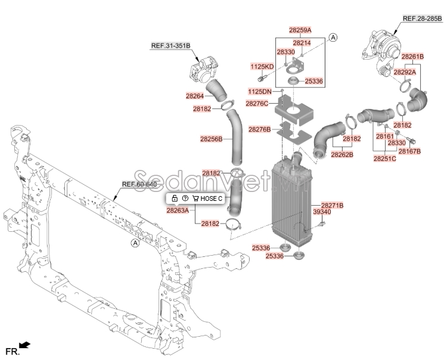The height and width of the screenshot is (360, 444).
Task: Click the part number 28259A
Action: tap(300, 30)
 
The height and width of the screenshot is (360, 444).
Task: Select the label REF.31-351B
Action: tap(170, 46)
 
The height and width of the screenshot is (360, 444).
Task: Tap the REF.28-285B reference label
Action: tap(422, 18)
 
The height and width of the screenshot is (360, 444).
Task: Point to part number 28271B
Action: tap(332, 205)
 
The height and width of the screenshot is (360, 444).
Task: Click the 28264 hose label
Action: tap(195, 96)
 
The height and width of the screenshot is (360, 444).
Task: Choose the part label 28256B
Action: tap(211, 139)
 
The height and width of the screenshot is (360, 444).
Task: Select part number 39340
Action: tap(322, 212)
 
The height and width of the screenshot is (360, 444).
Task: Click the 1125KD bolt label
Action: tap(262, 67)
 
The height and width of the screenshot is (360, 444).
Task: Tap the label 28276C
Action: tap(257, 103)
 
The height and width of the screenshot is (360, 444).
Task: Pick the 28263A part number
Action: tap(178, 210)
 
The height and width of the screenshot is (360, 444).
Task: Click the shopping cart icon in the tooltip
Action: tap(195, 198)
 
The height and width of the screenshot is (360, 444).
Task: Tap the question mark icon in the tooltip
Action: tap(185, 198)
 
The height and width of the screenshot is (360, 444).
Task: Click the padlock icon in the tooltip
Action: tap(175, 198)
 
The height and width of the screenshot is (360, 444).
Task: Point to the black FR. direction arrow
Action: tap(24, 345)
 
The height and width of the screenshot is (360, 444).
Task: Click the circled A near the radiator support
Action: tap(136, 243)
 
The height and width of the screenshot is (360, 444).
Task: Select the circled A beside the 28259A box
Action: tap(333, 37)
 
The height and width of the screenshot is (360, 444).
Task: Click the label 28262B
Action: tap(342, 154)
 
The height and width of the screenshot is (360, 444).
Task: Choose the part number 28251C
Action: tap(385, 159)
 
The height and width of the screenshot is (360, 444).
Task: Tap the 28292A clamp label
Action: tap(405, 72)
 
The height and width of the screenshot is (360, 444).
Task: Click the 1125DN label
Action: tap(260, 91)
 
